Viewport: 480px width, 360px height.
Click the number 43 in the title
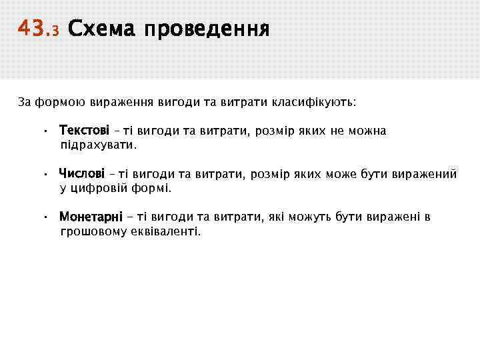pos(30,29)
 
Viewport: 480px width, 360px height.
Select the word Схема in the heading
pos(99,29)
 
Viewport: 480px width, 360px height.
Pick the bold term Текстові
pos(84,131)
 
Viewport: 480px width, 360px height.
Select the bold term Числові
pos(82,174)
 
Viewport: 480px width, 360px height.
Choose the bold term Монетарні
pos(91,217)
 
